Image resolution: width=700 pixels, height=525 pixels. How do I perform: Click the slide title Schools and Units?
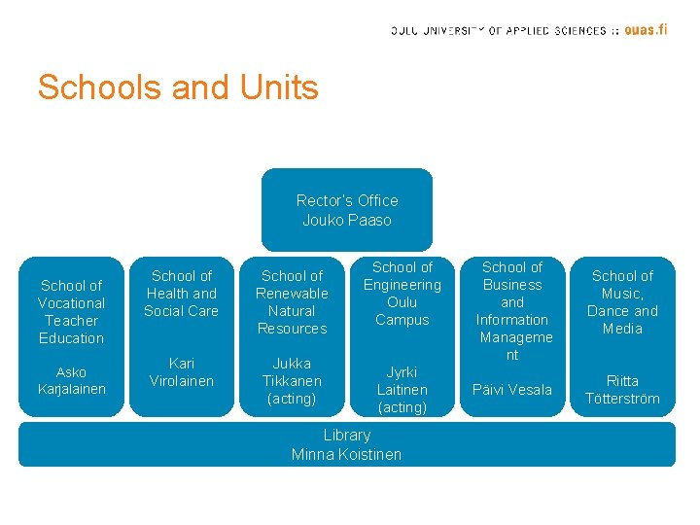(178, 87)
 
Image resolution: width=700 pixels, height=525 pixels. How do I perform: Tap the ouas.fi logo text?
(646, 29)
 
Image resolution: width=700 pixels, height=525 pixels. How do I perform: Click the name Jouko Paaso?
(347, 220)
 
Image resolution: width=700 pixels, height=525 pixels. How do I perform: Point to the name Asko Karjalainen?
(72, 381)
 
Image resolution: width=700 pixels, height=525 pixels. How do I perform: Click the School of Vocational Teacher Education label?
(72, 311)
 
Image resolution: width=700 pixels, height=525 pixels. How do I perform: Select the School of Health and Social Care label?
(181, 294)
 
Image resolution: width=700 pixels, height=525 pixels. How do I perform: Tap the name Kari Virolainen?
(181, 372)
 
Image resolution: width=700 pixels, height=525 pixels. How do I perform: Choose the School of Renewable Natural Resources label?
(292, 302)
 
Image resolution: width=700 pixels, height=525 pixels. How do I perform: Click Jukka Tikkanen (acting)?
(292, 381)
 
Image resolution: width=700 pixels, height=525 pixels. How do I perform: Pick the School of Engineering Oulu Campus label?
(402, 294)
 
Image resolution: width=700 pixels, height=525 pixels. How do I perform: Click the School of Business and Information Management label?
(512, 311)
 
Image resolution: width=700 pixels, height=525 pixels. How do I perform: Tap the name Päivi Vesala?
(512, 390)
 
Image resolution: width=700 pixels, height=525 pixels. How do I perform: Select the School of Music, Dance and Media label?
(622, 302)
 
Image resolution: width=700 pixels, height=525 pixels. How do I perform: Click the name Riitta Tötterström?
(622, 390)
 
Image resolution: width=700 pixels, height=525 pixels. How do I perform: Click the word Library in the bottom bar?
(347, 436)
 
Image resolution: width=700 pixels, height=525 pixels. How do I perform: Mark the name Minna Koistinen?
(347, 454)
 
